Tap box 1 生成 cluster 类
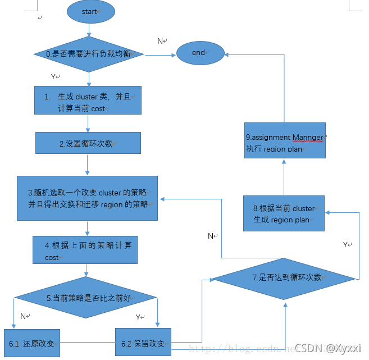click(88, 102)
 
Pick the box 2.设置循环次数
click(88, 143)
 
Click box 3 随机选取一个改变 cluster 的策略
click(87, 198)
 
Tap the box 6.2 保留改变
click(143, 343)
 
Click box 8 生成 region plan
click(284, 213)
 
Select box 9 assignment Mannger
click(285, 142)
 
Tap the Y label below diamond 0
click(54, 76)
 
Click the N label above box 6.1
click(24, 316)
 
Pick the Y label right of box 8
click(346, 245)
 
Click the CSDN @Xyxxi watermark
click(329, 348)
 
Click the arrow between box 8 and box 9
click(284, 177)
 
